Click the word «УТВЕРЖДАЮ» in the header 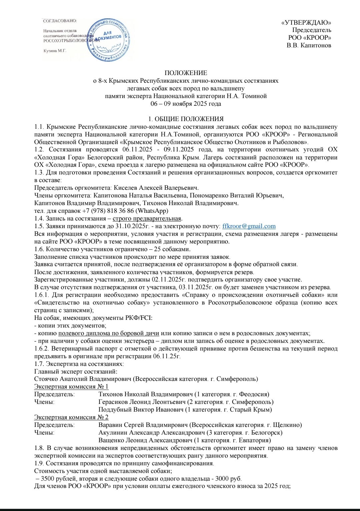306,23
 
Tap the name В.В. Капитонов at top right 309,45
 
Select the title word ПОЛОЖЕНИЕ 186,73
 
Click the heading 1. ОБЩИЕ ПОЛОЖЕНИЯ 186,119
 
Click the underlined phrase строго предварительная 147,218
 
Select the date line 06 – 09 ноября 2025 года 186,104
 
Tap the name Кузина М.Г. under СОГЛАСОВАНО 55,51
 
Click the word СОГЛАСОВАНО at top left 60,21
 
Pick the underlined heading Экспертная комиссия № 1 71,387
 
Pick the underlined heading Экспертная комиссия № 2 71,417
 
